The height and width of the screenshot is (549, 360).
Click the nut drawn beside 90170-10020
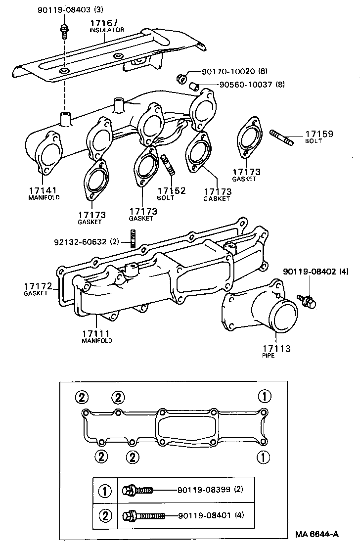click(181, 78)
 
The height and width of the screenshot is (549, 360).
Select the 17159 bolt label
click(318, 137)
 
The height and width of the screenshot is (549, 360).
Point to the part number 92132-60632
click(81, 242)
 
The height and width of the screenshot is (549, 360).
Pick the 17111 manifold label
click(97, 336)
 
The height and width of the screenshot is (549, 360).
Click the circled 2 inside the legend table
click(105, 516)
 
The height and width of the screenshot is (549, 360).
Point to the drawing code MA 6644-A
click(316, 534)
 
